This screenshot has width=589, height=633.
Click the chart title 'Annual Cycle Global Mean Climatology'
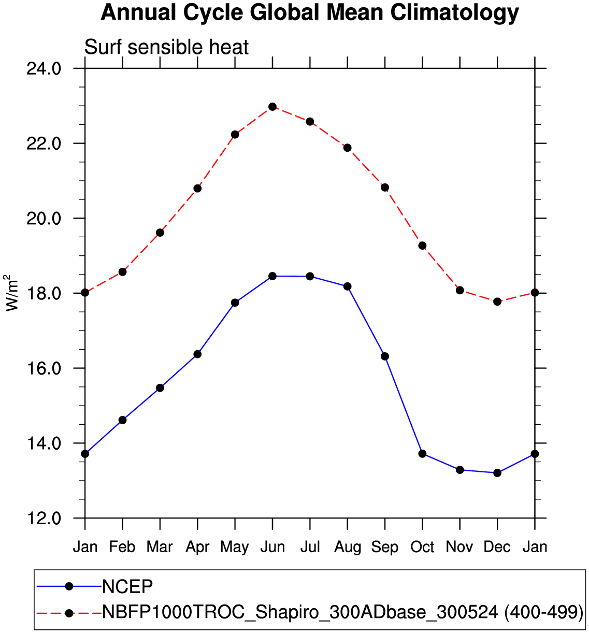click(309, 12)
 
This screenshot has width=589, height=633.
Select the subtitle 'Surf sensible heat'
click(166, 47)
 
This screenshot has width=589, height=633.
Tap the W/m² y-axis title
click(12, 293)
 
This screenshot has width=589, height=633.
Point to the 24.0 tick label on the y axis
click(44, 68)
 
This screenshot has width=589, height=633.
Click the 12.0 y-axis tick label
click(44, 518)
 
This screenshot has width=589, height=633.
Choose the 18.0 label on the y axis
click(44, 293)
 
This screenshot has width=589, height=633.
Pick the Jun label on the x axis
click(272, 547)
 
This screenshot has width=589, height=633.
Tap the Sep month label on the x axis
click(385, 547)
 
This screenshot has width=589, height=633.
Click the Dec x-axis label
click(497, 547)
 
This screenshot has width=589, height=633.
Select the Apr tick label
click(197, 547)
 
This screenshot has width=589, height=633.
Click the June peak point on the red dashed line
click(272, 107)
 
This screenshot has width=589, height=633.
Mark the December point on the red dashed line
click(497, 301)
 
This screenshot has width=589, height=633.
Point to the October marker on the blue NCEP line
click(422, 454)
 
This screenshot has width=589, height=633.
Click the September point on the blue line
click(385, 356)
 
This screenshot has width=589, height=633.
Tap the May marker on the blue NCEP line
click(235, 303)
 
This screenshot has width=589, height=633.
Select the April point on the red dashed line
click(197, 189)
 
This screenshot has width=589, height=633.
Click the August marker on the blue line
click(347, 286)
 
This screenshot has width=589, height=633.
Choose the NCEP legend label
click(127, 586)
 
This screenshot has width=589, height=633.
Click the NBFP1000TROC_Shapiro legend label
click(342, 612)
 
